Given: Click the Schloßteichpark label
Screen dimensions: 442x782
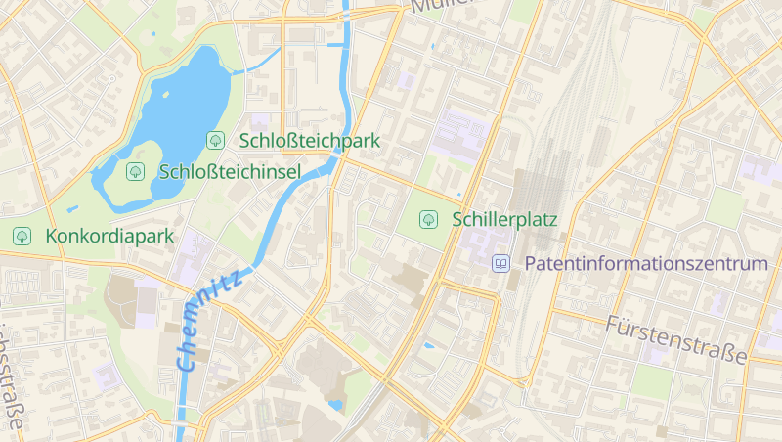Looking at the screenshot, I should (309, 141).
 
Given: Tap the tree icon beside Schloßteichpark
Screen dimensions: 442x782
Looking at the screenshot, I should (214, 141).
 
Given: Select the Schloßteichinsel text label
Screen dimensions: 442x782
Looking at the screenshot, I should (229, 172).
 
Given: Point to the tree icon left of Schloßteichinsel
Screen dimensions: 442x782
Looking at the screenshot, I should (136, 172).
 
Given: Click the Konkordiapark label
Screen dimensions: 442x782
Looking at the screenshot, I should (109, 236).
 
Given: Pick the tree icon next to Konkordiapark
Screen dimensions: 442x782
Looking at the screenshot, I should (21, 236).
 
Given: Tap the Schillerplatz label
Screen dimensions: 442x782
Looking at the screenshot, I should (504, 220).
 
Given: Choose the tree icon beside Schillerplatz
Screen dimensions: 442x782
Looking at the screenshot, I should (427, 219).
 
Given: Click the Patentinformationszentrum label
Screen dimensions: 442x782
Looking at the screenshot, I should (646, 264).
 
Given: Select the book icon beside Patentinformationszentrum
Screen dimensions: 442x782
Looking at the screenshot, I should (500, 264).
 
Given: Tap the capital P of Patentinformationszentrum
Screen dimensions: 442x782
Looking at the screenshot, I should (532, 264).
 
